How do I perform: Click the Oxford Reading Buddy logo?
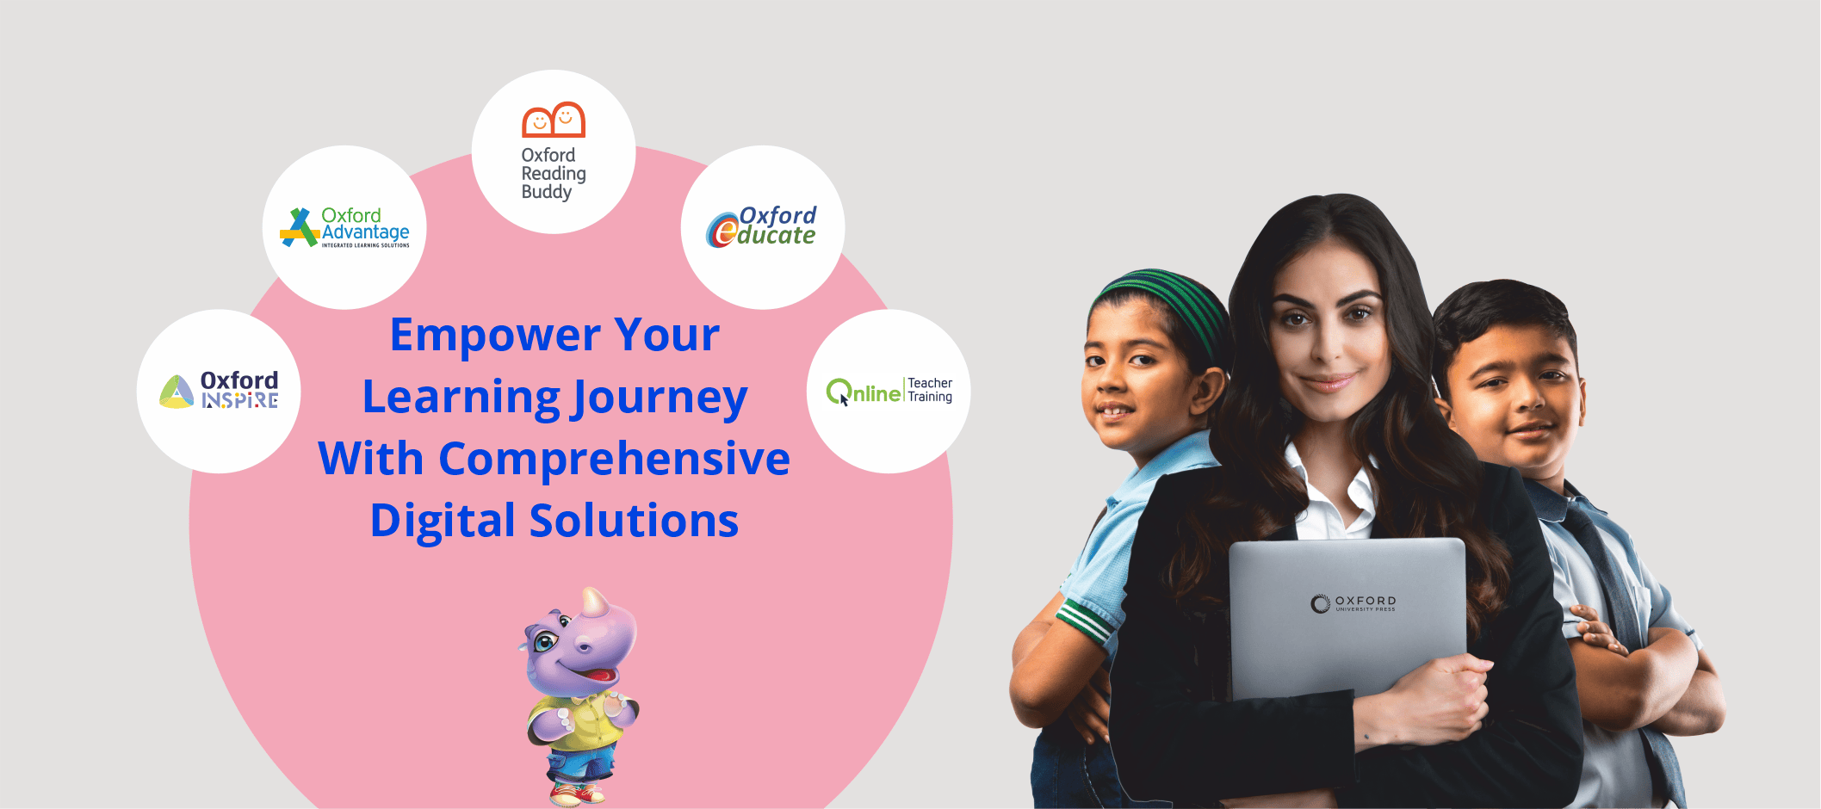coord(554,151)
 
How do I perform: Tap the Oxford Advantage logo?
coord(344,228)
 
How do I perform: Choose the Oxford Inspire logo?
coord(219,391)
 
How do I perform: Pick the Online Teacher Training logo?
coord(889,391)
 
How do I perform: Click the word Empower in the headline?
coord(495,336)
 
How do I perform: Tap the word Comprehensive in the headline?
coord(614,460)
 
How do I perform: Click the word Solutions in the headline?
coord(634,521)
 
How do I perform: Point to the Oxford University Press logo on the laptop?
coord(1353,603)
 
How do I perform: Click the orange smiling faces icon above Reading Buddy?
coord(554,120)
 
